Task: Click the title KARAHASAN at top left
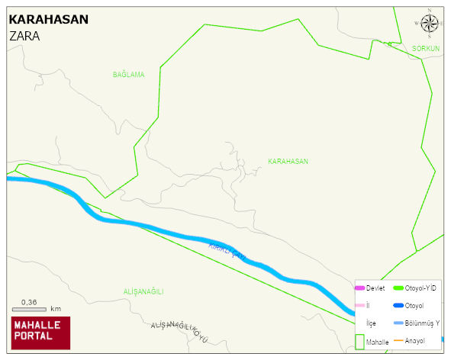(x=48, y=20)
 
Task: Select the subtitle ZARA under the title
(x=24, y=36)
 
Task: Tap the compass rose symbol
(x=429, y=24)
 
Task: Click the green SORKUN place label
(x=426, y=49)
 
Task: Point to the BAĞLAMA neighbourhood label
(x=128, y=75)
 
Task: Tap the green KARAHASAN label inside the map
(x=288, y=162)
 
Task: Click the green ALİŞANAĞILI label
(x=143, y=292)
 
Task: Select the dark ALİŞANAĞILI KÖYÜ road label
(x=179, y=330)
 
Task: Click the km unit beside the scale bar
(x=56, y=309)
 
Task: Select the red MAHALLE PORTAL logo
(x=40, y=333)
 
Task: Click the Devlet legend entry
(x=375, y=288)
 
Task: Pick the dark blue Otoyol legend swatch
(x=398, y=306)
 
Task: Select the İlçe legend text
(x=371, y=323)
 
